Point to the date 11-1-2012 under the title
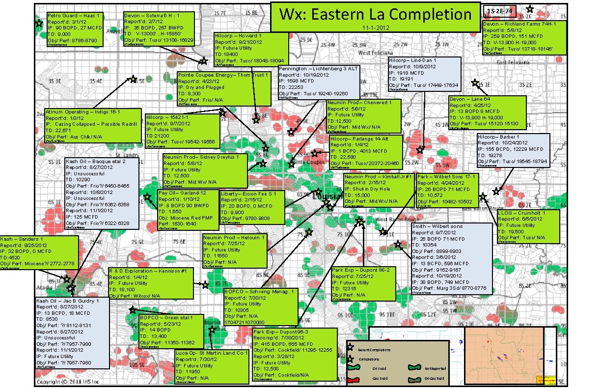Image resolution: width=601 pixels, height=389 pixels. pos(376,28)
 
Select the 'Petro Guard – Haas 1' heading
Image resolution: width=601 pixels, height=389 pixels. pos(74,16)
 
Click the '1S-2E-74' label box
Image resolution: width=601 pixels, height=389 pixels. pos(499,10)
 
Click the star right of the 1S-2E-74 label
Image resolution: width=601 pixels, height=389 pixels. pos(530,9)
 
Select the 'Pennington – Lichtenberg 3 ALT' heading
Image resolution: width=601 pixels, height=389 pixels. pos(318,69)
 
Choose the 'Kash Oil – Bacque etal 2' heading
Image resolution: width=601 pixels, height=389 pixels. pos(96,161)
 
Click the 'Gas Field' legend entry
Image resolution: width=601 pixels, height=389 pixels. pos(380,379)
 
